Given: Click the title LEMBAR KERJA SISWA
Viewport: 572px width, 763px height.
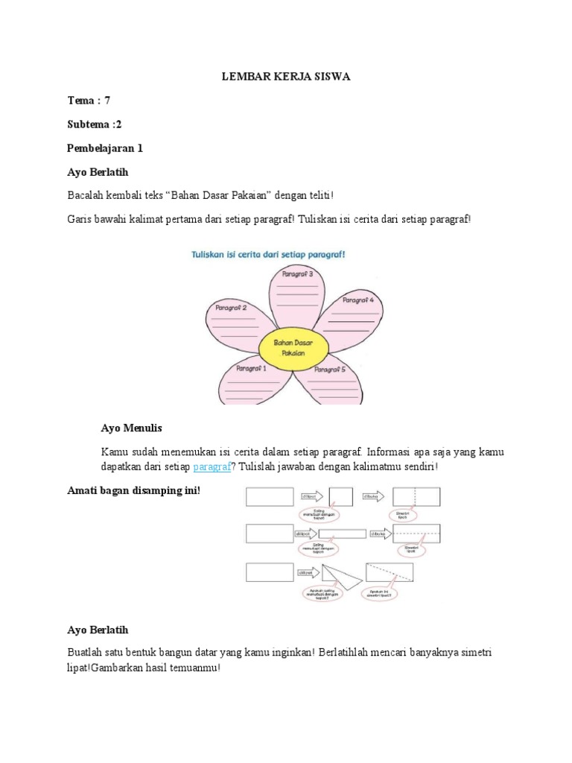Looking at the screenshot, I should [287, 76].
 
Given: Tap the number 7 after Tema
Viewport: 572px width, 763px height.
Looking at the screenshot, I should [107, 100].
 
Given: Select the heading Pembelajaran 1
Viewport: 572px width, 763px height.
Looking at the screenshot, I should [105, 148].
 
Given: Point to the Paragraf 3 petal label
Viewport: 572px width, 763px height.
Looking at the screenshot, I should [297, 274].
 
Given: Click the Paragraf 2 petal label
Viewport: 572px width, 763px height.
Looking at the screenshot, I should [231, 307].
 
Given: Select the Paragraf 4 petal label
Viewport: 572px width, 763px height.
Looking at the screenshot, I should [358, 300].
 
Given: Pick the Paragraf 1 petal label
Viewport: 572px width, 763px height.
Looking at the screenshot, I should [251, 368].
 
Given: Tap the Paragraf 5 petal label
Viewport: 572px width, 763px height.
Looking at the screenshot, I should [330, 369].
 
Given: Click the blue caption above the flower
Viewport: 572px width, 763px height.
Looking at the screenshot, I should [268, 253].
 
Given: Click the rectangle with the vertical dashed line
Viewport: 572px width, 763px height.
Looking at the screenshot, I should [416, 496].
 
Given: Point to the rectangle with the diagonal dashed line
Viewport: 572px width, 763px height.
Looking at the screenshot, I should [389, 572].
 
